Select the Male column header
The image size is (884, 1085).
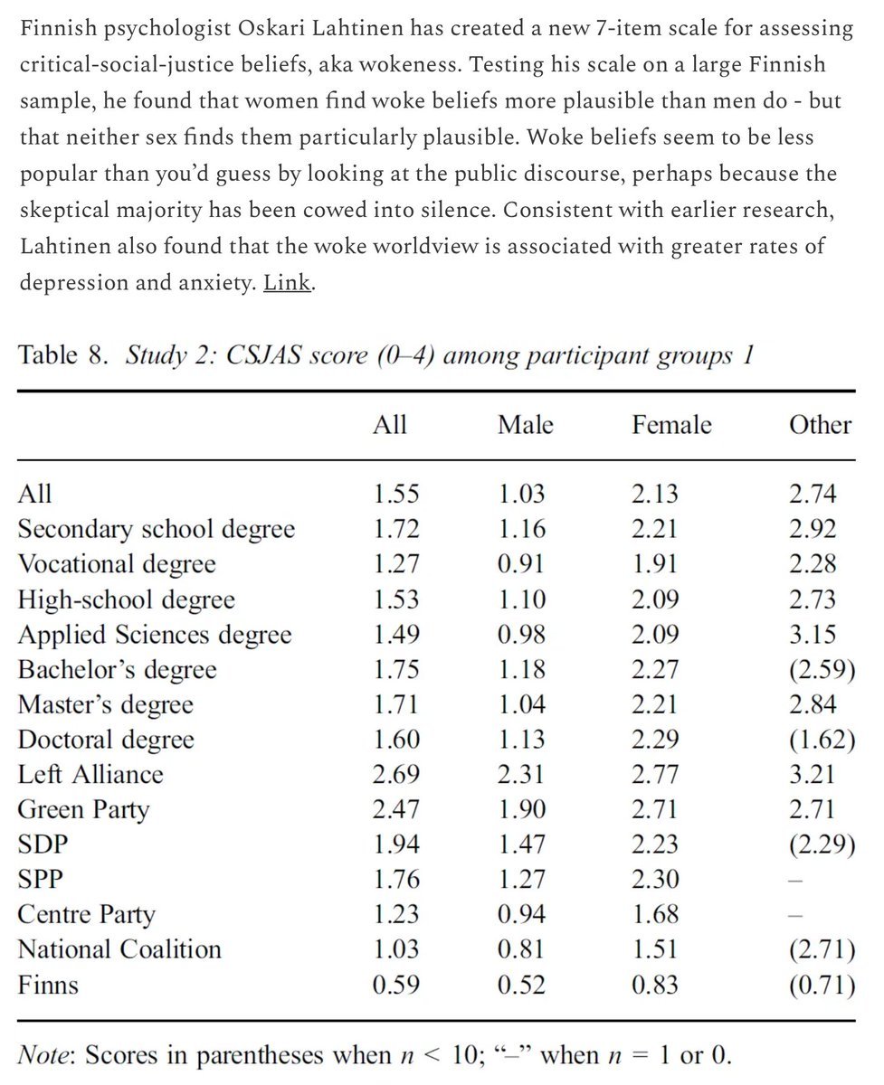tap(525, 425)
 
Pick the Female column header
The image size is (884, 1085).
tap(671, 425)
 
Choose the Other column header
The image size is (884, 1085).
tap(820, 425)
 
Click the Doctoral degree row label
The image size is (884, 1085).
tap(106, 740)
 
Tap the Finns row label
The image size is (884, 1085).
tap(48, 984)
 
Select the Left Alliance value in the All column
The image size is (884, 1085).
tap(396, 775)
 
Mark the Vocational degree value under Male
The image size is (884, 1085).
tap(521, 564)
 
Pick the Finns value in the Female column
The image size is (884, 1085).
tap(655, 984)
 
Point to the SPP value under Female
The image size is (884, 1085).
tap(655, 879)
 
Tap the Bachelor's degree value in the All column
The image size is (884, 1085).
tap(396, 670)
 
